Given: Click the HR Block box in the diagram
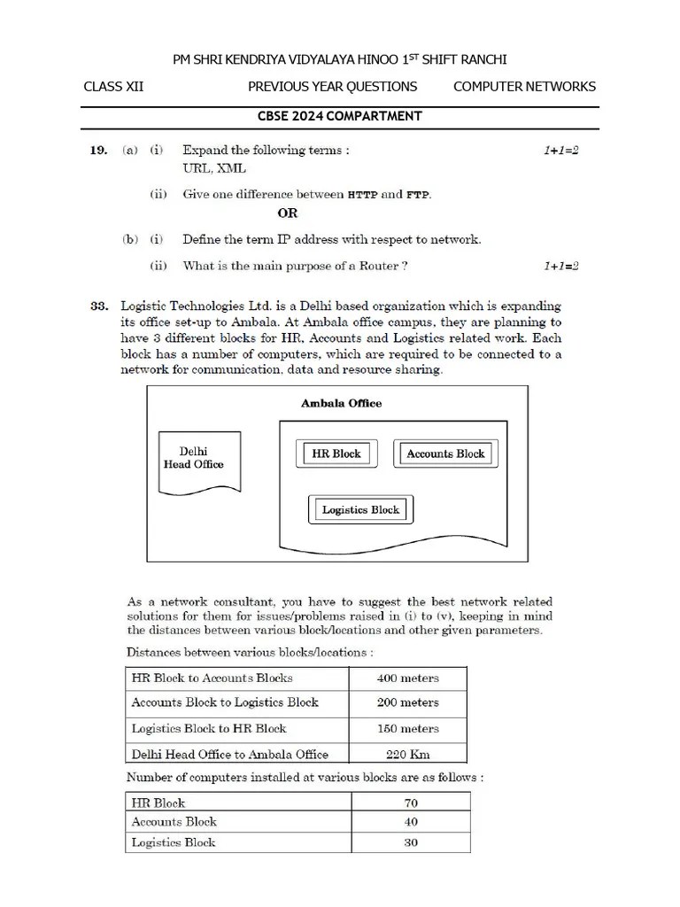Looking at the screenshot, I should click(336, 453).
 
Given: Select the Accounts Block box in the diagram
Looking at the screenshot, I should click(445, 453).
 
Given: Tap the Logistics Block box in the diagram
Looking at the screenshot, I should click(360, 509).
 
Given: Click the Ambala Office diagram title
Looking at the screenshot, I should click(341, 403).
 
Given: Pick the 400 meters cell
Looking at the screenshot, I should click(407, 678).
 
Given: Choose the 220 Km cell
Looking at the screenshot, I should click(407, 755).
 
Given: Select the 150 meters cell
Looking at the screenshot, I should click(407, 729).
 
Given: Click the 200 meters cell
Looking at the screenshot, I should click(407, 703).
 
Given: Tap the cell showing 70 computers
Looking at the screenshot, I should click(410, 803).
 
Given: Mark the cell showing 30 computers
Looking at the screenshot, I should click(410, 842).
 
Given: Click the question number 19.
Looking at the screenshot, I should click(98, 151).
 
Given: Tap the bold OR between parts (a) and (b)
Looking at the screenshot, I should click(288, 213).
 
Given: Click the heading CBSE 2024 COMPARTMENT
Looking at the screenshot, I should click(339, 116).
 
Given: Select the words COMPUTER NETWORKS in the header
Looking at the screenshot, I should click(524, 87).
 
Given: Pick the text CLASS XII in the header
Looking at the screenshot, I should click(113, 87).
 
